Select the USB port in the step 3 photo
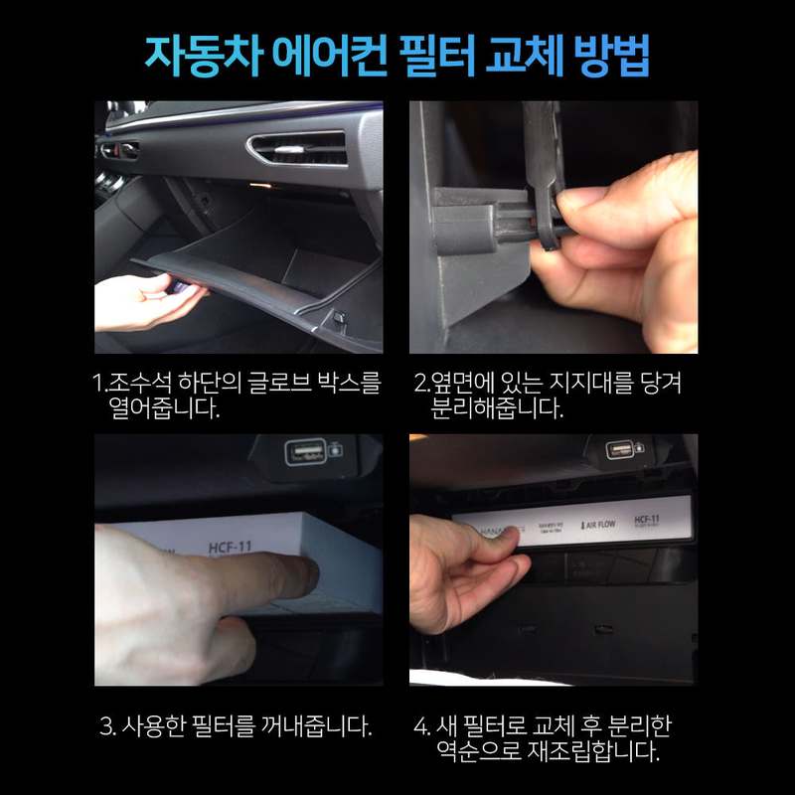click(x=302, y=452)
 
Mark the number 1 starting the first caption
click(x=97, y=384)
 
